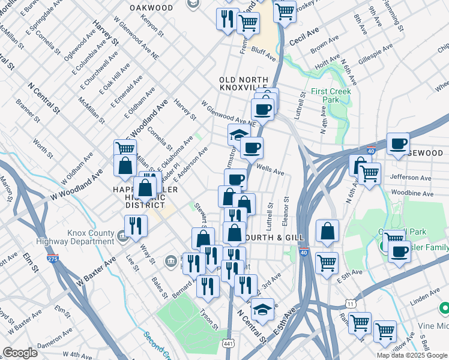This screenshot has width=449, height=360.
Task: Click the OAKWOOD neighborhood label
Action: (x=152, y=8)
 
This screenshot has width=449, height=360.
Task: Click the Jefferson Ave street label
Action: (x=411, y=178)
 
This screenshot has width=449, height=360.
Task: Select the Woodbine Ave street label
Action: (x=411, y=194)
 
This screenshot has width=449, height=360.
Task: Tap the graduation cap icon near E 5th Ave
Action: (x=262, y=310)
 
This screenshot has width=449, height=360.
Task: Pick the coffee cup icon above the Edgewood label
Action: (x=399, y=144)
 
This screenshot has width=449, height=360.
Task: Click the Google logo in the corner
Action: (x=20, y=353)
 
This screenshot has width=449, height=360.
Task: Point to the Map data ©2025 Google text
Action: (x=412, y=355)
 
